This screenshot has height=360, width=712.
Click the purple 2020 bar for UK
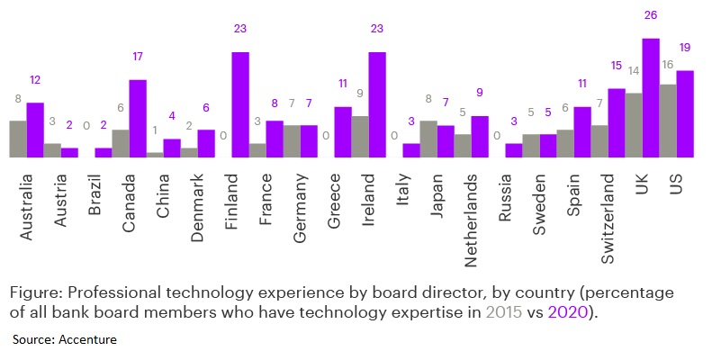coord(651,98)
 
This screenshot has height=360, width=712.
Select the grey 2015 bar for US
coord(668,121)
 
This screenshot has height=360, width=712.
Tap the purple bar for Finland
coord(240,104)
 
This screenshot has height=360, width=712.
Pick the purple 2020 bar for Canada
coord(138,119)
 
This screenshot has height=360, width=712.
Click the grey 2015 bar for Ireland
coord(360,137)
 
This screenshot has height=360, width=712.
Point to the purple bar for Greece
coord(343,132)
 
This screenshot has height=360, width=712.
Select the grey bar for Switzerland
coord(599,141)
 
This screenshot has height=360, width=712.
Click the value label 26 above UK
coord(651,15)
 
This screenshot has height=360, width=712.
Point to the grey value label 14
coord(633,70)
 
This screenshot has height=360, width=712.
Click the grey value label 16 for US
coord(668,64)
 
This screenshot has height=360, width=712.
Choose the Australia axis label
coord(27,208)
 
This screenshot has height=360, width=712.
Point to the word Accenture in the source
coord(86,339)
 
